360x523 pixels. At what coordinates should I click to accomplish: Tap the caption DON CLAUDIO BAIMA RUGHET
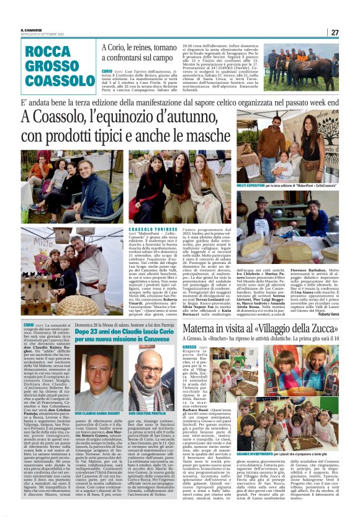point(97,413)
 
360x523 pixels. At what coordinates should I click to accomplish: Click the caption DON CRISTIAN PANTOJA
point(149,413)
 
